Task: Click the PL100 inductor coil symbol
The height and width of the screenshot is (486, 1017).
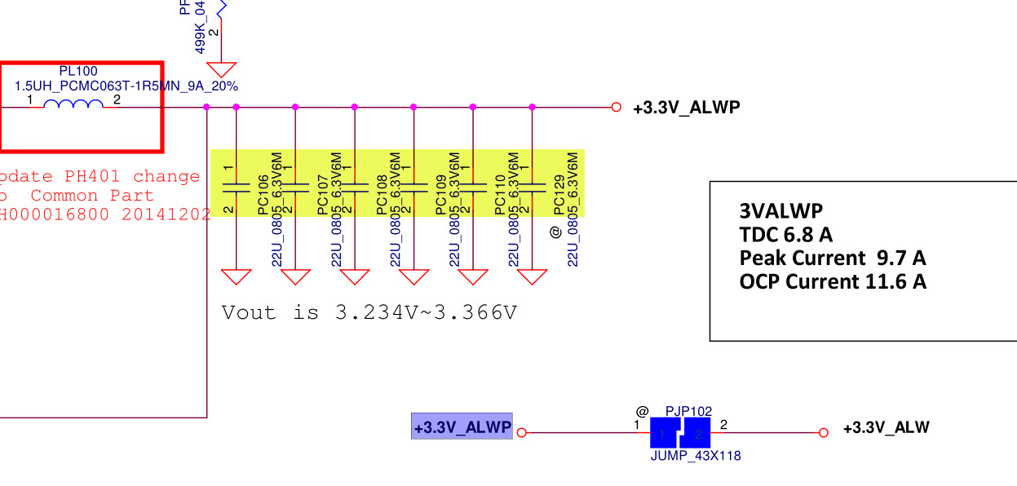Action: (73, 104)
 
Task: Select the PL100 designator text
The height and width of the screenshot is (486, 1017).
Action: (78, 72)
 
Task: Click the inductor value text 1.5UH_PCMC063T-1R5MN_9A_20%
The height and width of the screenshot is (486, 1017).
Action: (126, 86)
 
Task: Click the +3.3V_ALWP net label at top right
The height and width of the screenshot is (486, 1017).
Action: (687, 107)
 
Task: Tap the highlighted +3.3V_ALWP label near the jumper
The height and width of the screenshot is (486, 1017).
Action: (462, 426)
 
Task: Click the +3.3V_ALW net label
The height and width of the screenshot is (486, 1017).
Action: (886, 427)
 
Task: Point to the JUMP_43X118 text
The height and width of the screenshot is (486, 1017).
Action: (696, 456)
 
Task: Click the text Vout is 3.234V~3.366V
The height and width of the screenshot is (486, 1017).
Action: (369, 312)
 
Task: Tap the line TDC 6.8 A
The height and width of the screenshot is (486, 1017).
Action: (785, 235)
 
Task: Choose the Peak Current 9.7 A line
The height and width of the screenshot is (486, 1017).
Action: (832, 258)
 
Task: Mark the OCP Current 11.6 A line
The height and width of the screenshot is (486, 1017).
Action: (832, 282)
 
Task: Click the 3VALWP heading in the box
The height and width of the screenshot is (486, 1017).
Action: (781, 210)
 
